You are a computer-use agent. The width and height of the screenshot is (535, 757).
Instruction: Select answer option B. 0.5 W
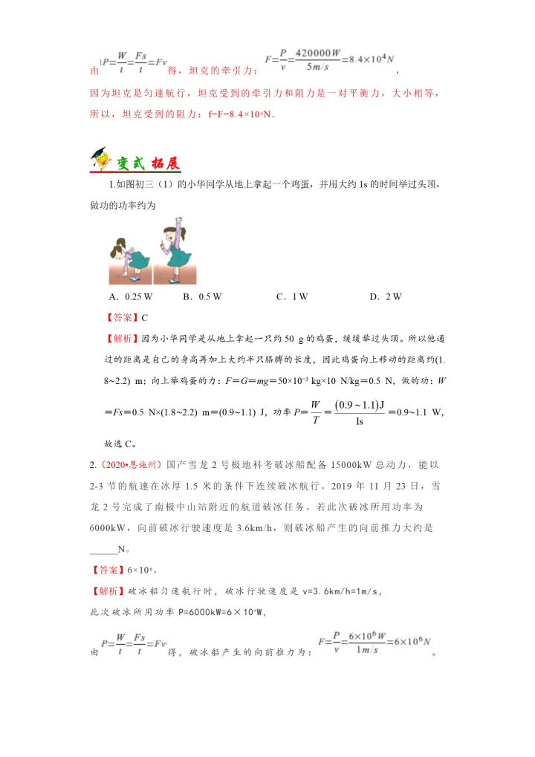202,296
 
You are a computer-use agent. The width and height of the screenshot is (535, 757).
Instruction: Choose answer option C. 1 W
291,296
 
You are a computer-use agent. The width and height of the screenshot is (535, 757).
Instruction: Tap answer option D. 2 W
385,296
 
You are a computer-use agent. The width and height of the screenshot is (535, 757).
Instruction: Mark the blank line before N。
103,550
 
